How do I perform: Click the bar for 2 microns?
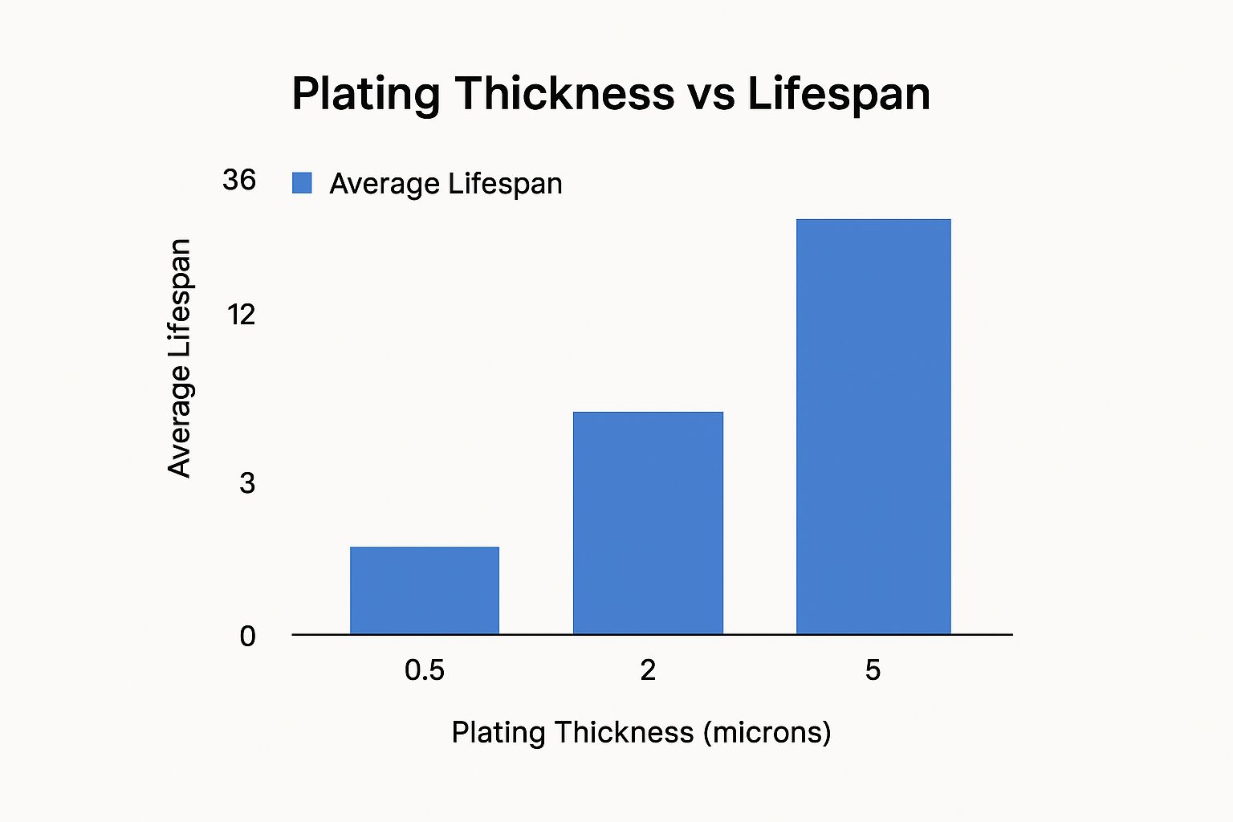coord(648,523)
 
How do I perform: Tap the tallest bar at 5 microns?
coord(873,426)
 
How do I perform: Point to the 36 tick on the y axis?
coord(239,180)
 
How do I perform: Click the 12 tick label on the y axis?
coord(240,314)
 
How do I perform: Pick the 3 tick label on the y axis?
coord(247,482)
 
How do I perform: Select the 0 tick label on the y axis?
coord(247,637)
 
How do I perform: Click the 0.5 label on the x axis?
coord(425,669)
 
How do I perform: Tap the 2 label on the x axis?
coord(648,669)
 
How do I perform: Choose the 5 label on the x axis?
coord(873,669)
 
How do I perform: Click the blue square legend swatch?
coord(302,183)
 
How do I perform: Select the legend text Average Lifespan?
coord(446,184)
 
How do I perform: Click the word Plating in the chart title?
coord(365,94)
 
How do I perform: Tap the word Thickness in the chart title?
coord(564,94)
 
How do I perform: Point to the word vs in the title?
coord(711,94)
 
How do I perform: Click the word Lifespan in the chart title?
coord(839,94)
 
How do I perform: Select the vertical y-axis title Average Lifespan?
coord(180,358)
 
